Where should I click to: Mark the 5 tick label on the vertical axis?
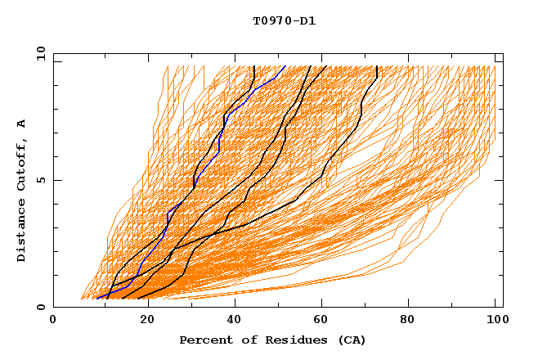(x=40, y=180)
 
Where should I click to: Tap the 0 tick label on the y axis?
(x=40, y=307)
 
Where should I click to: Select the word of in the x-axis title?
(x=243, y=340)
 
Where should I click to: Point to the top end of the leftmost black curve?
(x=254, y=67)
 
